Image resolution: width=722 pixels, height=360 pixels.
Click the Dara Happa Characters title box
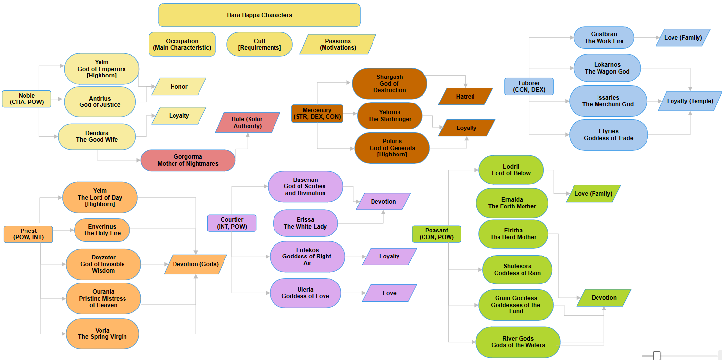[x=259, y=15]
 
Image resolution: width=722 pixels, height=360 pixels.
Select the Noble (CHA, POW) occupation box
[x=27, y=99]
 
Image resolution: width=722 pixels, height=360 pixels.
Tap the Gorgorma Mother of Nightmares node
[x=188, y=160]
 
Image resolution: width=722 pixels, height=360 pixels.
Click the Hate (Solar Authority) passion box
[x=248, y=123]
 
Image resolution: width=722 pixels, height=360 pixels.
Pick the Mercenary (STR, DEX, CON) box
[x=317, y=113]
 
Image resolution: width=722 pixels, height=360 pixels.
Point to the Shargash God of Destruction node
[x=390, y=84]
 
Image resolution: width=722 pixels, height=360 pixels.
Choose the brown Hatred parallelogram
[x=465, y=97]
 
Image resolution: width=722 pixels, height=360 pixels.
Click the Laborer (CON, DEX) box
[x=529, y=86]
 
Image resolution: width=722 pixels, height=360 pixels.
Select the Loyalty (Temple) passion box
[x=690, y=101]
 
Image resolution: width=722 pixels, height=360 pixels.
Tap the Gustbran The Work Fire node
[x=604, y=38]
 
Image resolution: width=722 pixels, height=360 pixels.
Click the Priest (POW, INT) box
[x=28, y=234]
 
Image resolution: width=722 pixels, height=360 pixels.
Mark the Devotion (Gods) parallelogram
[x=196, y=264]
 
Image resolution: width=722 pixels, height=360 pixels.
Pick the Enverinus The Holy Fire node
[x=102, y=230]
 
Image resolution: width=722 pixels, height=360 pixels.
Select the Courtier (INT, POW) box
[x=231, y=223]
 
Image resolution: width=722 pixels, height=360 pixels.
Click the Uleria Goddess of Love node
[x=305, y=293]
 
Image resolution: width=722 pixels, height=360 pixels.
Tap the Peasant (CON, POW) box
[x=436, y=234]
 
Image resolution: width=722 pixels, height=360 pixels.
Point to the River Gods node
[x=518, y=342]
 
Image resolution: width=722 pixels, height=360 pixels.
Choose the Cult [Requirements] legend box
[x=259, y=45]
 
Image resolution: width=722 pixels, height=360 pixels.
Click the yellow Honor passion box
[x=179, y=87]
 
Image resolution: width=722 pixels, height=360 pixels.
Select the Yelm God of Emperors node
[x=101, y=69]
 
